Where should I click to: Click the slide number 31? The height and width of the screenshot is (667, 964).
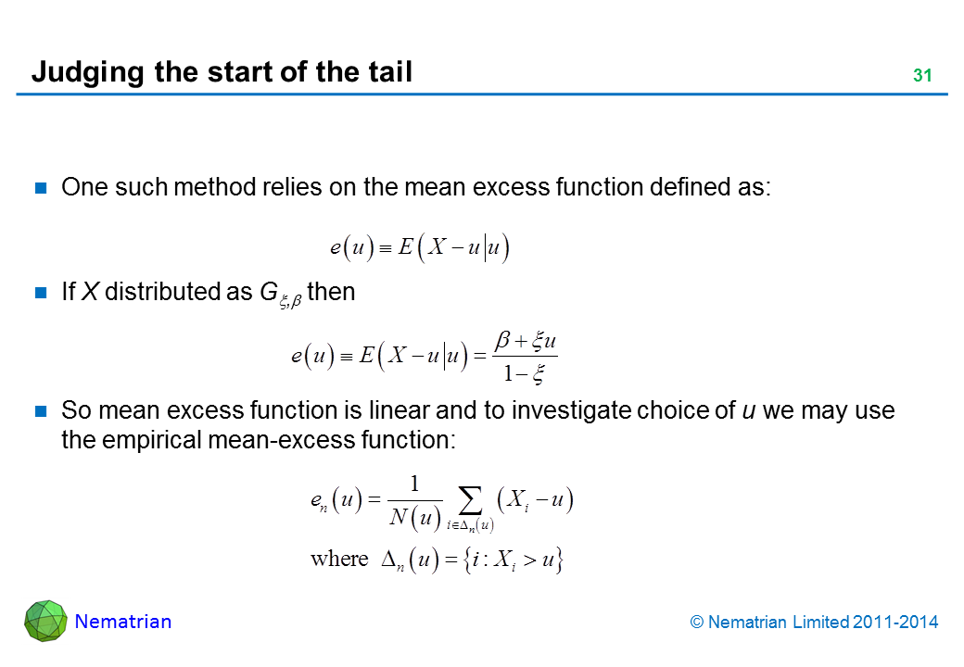coord(922,76)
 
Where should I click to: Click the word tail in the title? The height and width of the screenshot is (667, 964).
coord(390,71)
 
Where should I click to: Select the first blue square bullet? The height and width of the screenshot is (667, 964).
coord(41,188)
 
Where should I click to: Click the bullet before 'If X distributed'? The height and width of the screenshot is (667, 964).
coord(41,293)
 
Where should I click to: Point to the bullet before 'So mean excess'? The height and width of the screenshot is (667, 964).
coord(41,411)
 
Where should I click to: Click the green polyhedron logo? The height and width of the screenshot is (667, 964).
coord(45,621)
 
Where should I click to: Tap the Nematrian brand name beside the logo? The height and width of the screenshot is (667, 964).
coord(123,622)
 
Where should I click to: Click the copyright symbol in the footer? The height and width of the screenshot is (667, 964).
coord(696,623)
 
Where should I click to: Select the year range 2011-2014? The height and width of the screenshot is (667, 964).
coord(895,623)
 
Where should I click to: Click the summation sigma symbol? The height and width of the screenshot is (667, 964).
coord(470,500)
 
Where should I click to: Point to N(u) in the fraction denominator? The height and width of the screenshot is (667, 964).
coord(415,518)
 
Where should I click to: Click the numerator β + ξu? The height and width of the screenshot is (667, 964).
coord(526,340)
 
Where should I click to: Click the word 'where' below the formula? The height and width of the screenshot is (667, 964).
coord(339,559)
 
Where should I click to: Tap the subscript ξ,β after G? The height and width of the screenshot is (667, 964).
coord(291,301)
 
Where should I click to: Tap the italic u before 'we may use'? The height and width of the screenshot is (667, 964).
coord(749,411)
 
